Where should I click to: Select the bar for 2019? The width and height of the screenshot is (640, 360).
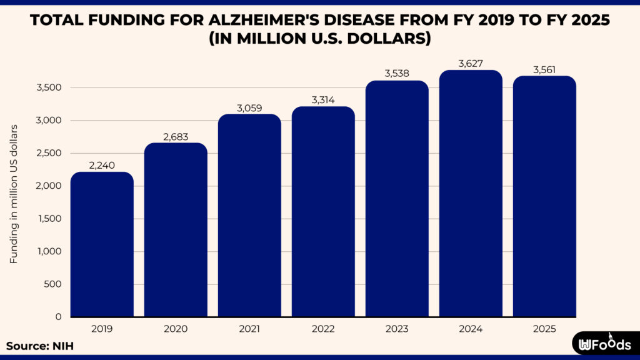click(x=102, y=245)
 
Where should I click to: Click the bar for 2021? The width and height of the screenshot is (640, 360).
click(x=249, y=216)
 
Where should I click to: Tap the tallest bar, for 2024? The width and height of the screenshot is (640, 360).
click(x=471, y=194)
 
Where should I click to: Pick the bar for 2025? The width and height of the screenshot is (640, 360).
click(x=544, y=197)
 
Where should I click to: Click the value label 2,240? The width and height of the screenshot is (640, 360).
click(x=102, y=166)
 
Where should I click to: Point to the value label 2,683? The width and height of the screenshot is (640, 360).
click(x=176, y=137)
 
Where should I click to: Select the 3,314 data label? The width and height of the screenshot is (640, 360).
click(x=323, y=101)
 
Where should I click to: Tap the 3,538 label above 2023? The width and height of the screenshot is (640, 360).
click(x=397, y=74)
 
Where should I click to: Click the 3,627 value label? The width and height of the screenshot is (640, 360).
click(x=471, y=64)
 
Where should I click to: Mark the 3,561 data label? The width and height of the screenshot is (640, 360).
click(x=544, y=69)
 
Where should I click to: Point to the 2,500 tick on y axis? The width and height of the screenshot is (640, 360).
click(x=49, y=153)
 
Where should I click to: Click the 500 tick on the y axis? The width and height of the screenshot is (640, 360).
click(x=53, y=284)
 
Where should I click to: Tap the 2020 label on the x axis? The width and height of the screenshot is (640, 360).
click(x=176, y=327)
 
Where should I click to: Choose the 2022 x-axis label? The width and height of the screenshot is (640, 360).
click(x=323, y=327)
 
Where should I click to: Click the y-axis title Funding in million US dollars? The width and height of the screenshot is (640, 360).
click(x=14, y=194)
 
